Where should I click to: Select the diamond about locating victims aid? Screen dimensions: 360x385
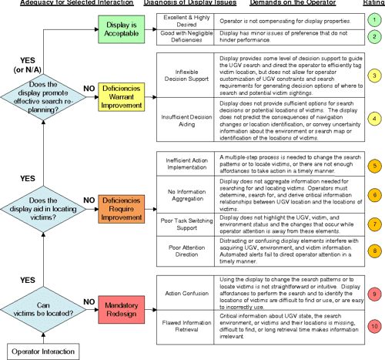[43, 200]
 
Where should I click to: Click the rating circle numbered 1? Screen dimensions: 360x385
[373, 21]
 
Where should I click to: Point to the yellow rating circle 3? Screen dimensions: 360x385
[373, 76]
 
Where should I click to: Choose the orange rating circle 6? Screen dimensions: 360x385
[373, 196]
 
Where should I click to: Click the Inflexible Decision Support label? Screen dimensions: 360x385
[185, 76]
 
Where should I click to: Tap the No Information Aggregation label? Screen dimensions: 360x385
[185, 197]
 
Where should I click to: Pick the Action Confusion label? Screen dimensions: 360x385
[185, 291]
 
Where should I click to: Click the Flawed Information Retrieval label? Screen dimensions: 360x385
[185, 326]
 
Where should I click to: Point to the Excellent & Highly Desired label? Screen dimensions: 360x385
[185, 21]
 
